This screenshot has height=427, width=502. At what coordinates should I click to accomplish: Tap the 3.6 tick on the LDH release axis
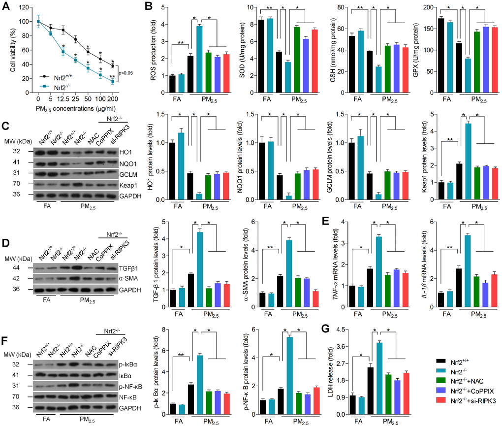click(342, 346)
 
